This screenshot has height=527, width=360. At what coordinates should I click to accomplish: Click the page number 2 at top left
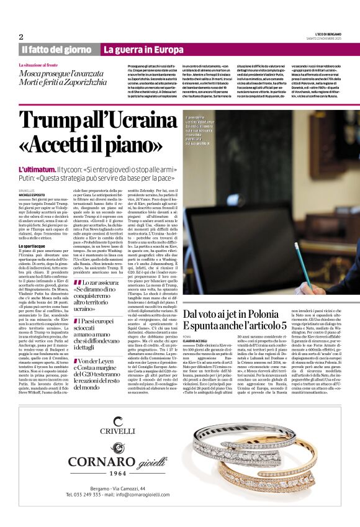coord(21,36)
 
